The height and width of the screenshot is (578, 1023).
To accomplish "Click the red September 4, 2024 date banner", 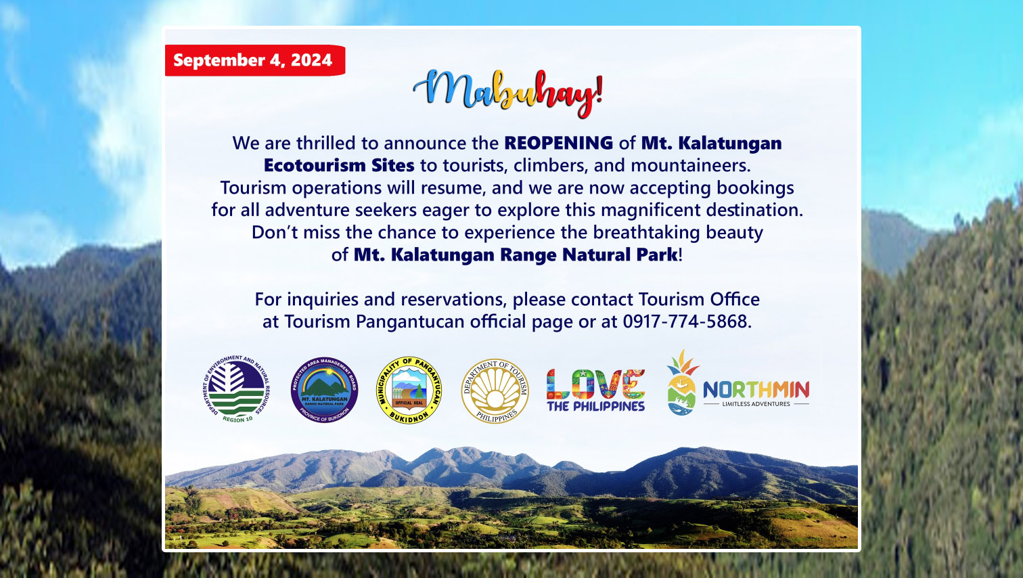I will pyautogui.click(x=254, y=60).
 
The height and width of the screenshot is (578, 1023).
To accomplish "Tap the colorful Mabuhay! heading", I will pyautogui.click(x=507, y=92).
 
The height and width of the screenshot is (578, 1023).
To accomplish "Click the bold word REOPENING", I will pyautogui.click(x=558, y=143).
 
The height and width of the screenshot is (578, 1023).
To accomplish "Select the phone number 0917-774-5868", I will pyautogui.click(x=685, y=321).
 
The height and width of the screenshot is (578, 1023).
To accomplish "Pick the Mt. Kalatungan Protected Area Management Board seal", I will pyautogui.click(x=324, y=390).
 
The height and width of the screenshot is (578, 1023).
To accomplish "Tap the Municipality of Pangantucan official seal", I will pyautogui.click(x=409, y=391).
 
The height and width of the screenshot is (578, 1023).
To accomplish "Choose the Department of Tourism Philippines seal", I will pyautogui.click(x=495, y=391).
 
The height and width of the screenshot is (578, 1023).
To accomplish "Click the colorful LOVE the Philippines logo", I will pyautogui.click(x=595, y=391).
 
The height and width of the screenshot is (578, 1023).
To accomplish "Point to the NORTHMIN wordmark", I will pyautogui.click(x=756, y=389).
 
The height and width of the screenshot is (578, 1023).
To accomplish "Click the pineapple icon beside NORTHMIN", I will pyautogui.click(x=681, y=382).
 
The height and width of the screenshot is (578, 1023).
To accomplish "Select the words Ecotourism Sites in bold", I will pyautogui.click(x=339, y=166).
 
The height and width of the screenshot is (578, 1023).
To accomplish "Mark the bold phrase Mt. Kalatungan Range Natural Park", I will pyautogui.click(x=516, y=255).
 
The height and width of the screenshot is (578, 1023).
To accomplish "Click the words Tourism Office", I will pyautogui.click(x=698, y=299).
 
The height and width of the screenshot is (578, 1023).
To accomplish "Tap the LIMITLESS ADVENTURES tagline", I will pyautogui.click(x=756, y=404).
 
